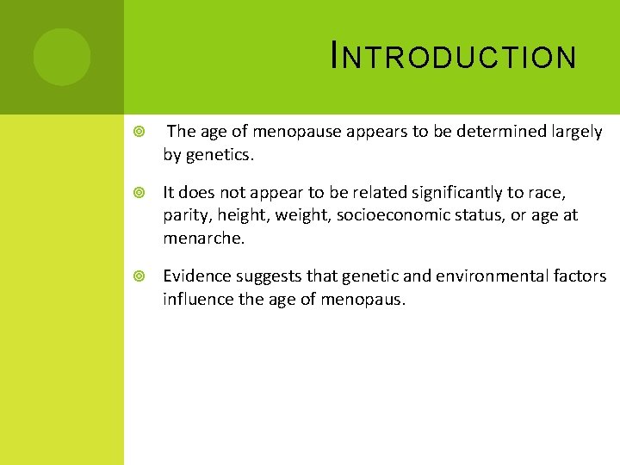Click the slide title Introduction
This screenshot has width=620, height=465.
point(453,57)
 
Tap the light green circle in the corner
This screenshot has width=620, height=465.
point(61,57)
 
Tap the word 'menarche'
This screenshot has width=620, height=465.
point(202,239)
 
